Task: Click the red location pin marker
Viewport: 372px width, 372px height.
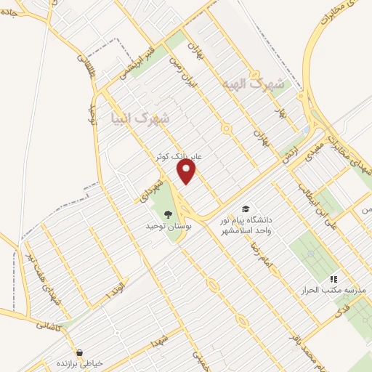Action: (x=187, y=171)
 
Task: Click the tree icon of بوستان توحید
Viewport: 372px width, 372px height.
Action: (x=168, y=214)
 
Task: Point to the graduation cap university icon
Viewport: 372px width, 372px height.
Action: (x=246, y=209)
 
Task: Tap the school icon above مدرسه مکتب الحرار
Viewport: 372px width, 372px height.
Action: (x=333, y=278)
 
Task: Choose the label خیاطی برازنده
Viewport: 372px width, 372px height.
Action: (x=81, y=363)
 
